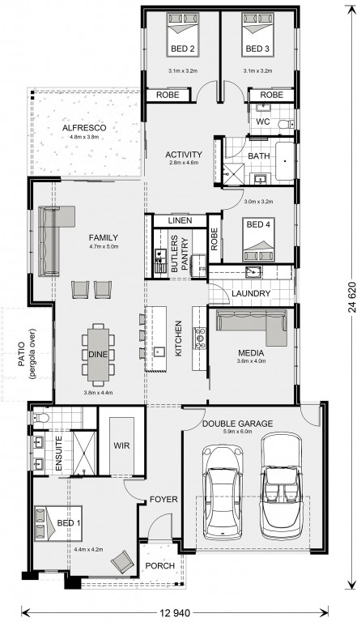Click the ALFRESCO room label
pyautogui.click(x=84, y=128)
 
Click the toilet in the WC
pyautogui.click(x=286, y=124)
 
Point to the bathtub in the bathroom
pyautogui.click(x=285, y=160)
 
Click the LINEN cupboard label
pyautogui.click(x=180, y=220)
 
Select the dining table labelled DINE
pyautogui.click(x=98, y=354)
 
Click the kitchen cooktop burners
pyautogui.click(x=200, y=338)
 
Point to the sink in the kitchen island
pyautogui.click(x=159, y=351)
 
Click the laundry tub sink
pyautogui.click(x=253, y=272)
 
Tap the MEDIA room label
pyautogui.click(x=251, y=352)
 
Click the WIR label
pyautogui.click(x=121, y=445)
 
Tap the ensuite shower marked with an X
pyautogui.click(x=84, y=452)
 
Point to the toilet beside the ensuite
pyautogui.click(x=40, y=417)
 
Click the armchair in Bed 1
pyautogui.click(x=122, y=561)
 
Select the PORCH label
pyautogui.click(x=159, y=565)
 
